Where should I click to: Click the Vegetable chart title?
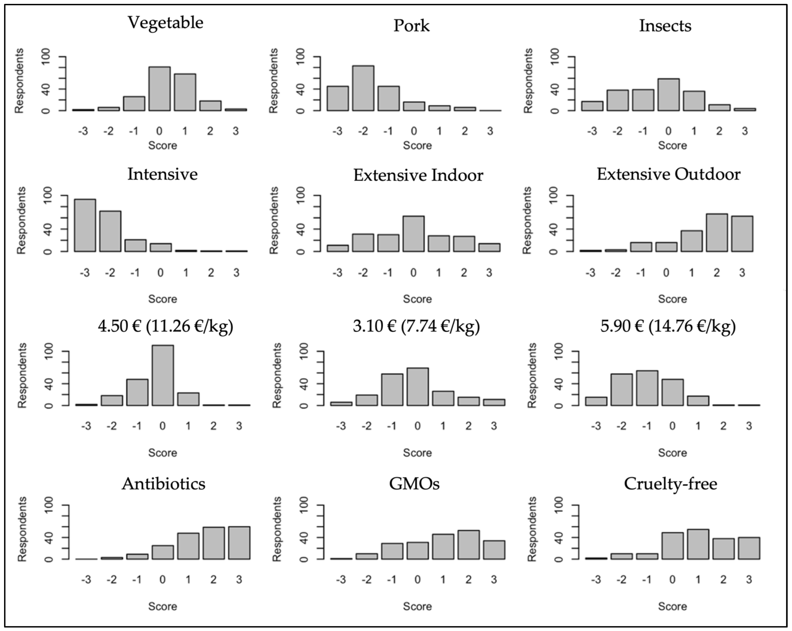[165, 23]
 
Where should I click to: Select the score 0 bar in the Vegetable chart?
[159, 89]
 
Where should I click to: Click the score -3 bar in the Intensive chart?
[85, 225]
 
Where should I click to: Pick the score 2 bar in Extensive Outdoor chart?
[716, 233]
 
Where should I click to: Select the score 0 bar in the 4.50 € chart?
[162, 375]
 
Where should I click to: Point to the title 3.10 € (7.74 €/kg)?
[416, 326]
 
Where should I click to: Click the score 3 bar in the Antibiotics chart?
[239, 543]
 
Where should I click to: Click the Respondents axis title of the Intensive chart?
[21, 220]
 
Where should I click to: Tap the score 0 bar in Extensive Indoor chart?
[413, 234]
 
